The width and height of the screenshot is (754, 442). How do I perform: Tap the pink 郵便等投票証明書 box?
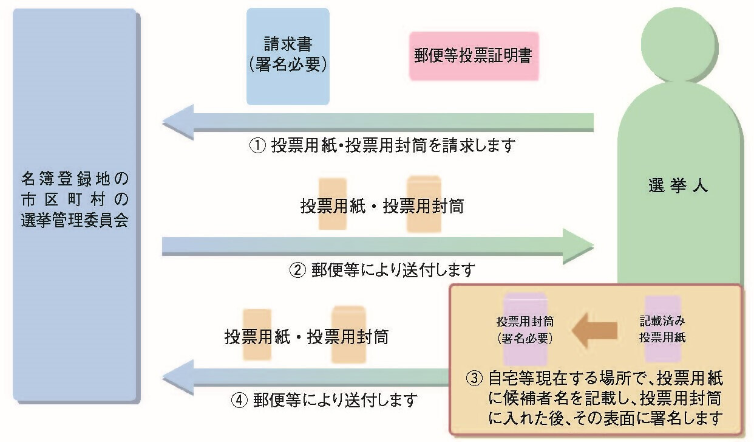(474, 56)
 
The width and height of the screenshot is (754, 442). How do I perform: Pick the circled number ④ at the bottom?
(239, 400)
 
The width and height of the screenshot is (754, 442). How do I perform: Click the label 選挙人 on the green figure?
(678, 186)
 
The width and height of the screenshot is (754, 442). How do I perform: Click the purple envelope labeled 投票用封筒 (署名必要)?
(525, 328)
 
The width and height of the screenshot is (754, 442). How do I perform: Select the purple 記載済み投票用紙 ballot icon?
(662, 328)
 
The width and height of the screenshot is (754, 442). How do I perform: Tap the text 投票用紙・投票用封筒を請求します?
(393, 146)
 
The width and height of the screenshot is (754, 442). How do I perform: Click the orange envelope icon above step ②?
(424, 204)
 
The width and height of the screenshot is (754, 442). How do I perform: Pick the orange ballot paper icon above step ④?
(257, 334)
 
